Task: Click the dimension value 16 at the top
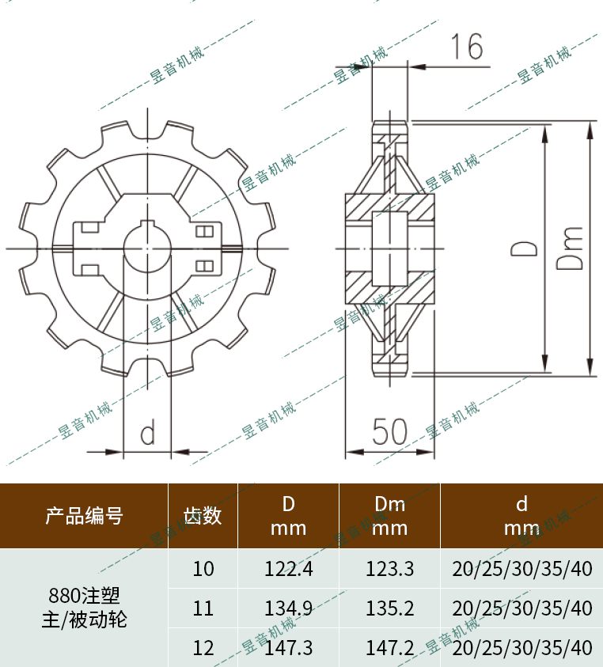(468, 47)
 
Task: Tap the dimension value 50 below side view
(389, 432)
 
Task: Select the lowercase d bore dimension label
(147, 433)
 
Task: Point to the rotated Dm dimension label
(571, 248)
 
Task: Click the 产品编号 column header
(84, 516)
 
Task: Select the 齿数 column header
(203, 516)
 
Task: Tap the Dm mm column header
(389, 516)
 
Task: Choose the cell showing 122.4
(288, 568)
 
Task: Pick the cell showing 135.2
(389, 608)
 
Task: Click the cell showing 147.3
(288, 648)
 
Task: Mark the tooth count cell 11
(203, 608)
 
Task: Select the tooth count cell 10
(203, 568)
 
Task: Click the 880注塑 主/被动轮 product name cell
(84, 607)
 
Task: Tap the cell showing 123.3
(389, 568)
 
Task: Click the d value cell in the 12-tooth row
(521, 648)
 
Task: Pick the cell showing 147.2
(389, 648)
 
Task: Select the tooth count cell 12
(203, 648)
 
